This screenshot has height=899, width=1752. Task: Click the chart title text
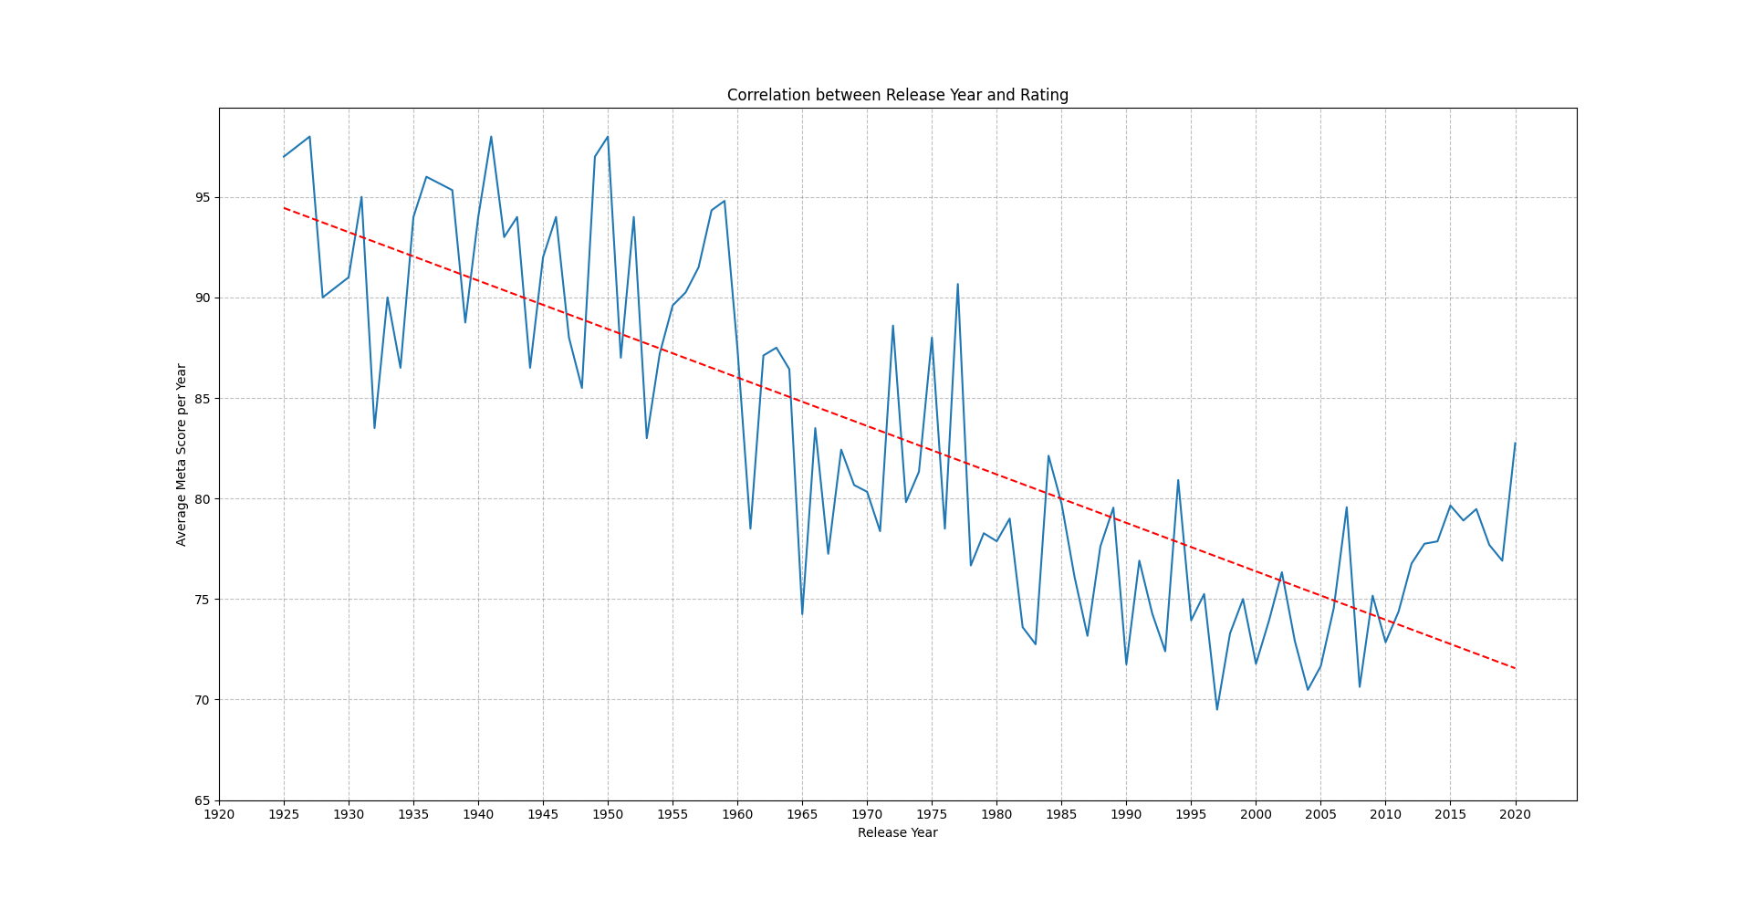[897, 95]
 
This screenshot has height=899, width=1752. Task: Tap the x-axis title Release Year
[897, 832]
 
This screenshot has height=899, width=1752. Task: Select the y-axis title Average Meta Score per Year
[182, 455]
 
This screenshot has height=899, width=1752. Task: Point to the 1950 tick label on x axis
[608, 814]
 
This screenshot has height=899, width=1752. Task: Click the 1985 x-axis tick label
[1061, 814]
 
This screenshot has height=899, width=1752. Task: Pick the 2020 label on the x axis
[1515, 814]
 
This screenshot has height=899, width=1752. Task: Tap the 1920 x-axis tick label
[219, 814]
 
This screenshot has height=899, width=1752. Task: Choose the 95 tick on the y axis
[202, 198]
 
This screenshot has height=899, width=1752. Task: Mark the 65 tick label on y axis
[202, 800]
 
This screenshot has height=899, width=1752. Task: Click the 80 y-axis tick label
[202, 499]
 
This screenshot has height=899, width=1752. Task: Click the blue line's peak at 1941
[491, 137]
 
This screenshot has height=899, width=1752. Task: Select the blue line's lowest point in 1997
[1216, 709]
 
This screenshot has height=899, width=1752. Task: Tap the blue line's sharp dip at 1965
[802, 613]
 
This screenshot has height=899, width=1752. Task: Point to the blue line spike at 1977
[957, 284]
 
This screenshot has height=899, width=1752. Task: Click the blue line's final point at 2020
[1515, 444]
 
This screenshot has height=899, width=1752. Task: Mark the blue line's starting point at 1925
[284, 157]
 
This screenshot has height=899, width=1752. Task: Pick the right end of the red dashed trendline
[1515, 668]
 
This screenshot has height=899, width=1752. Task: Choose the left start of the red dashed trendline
[284, 208]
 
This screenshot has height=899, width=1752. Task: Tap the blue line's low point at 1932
[374, 428]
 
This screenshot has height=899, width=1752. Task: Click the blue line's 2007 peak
[1346, 507]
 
